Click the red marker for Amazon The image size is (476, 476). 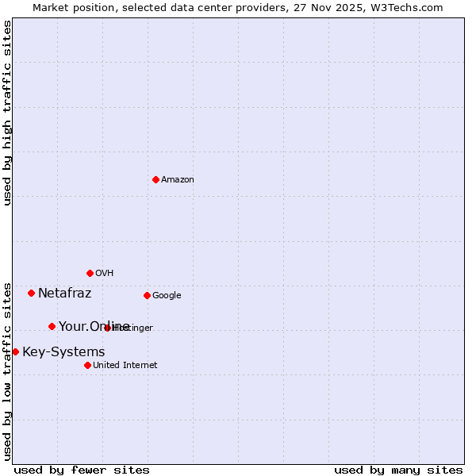pos(155,179)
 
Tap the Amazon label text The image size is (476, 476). pos(178,180)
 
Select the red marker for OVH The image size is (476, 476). pos(90,273)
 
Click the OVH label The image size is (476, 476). pos(105,274)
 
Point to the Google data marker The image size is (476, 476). pos(147,295)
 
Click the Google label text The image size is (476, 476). pos(167,296)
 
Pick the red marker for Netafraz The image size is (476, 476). pos(31,293)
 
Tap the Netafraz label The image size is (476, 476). pos(64,294)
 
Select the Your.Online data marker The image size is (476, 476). pos(52,326)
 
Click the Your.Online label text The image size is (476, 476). pos(94,327)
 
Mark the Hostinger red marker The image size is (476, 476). pos(107,328)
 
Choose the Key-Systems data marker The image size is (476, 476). pos(15,351)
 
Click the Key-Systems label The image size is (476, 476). pos(63,352)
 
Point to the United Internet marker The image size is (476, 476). pos(87,365)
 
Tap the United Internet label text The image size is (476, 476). pos(125,366)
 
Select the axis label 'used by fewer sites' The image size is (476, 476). pos(82,470)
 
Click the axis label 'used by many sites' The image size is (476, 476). pos(398,470)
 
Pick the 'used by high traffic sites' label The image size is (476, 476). pos(7,113)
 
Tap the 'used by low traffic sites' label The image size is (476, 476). pos(7,371)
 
